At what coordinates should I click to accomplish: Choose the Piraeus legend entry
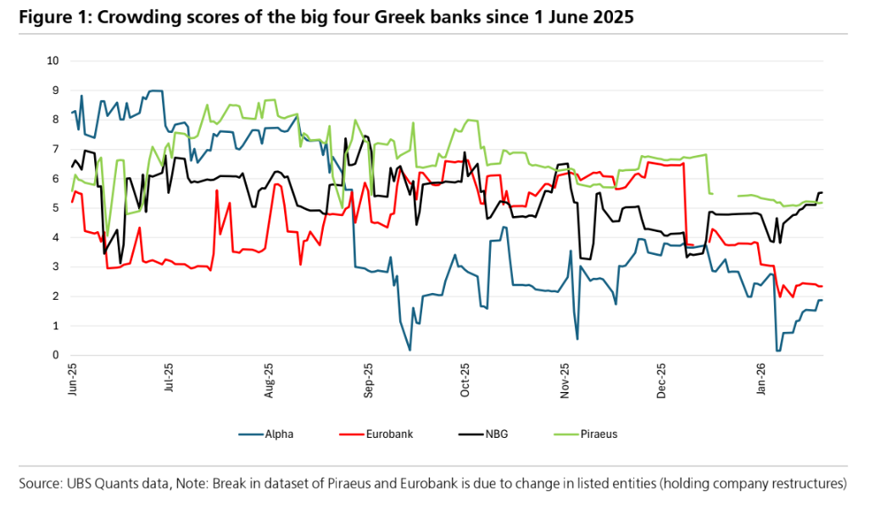tap(599, 434)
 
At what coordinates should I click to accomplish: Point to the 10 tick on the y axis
tap(53, 61)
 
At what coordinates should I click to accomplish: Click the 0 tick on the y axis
tap(56, 356)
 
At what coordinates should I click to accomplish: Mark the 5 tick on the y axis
tap(56, 208)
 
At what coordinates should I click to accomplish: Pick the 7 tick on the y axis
tap(56, 149)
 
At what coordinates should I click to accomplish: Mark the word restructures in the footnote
tap(806, 484)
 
